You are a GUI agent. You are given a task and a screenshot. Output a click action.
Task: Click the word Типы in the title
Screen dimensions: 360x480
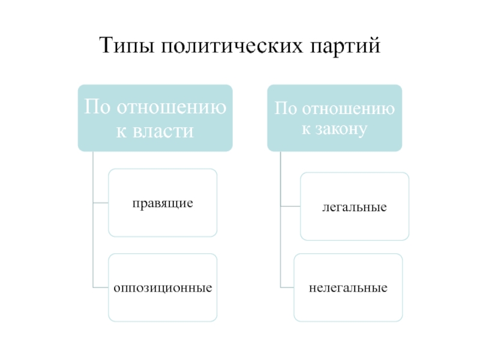(124, 46)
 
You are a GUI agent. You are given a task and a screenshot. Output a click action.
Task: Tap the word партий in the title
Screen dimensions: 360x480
(347, 46)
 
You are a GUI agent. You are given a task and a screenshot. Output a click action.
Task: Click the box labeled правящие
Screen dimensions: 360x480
(163, 202)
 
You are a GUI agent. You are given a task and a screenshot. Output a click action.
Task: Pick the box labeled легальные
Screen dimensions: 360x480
(355, 206)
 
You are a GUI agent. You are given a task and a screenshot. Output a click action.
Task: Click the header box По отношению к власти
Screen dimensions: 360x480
(155, 118)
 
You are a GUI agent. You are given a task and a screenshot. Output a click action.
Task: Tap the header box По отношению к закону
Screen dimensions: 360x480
(335, 118)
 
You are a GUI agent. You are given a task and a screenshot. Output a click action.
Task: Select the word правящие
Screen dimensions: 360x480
(163, 203)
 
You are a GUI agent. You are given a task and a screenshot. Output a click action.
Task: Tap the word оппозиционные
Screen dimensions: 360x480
(163, 288)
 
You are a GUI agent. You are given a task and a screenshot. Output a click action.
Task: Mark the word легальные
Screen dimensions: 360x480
(354, 208)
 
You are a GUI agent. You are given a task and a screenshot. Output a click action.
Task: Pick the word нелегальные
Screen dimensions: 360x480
(348, 288)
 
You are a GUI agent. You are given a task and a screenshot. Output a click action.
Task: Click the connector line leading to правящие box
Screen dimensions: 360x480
(101, 203)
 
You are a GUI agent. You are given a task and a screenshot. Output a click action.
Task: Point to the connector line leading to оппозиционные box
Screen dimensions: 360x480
(101, 287)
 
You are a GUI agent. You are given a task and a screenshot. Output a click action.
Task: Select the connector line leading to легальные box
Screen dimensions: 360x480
(290, 207)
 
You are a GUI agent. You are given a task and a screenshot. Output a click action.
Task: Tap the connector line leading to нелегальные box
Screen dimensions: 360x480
(287, 287)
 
